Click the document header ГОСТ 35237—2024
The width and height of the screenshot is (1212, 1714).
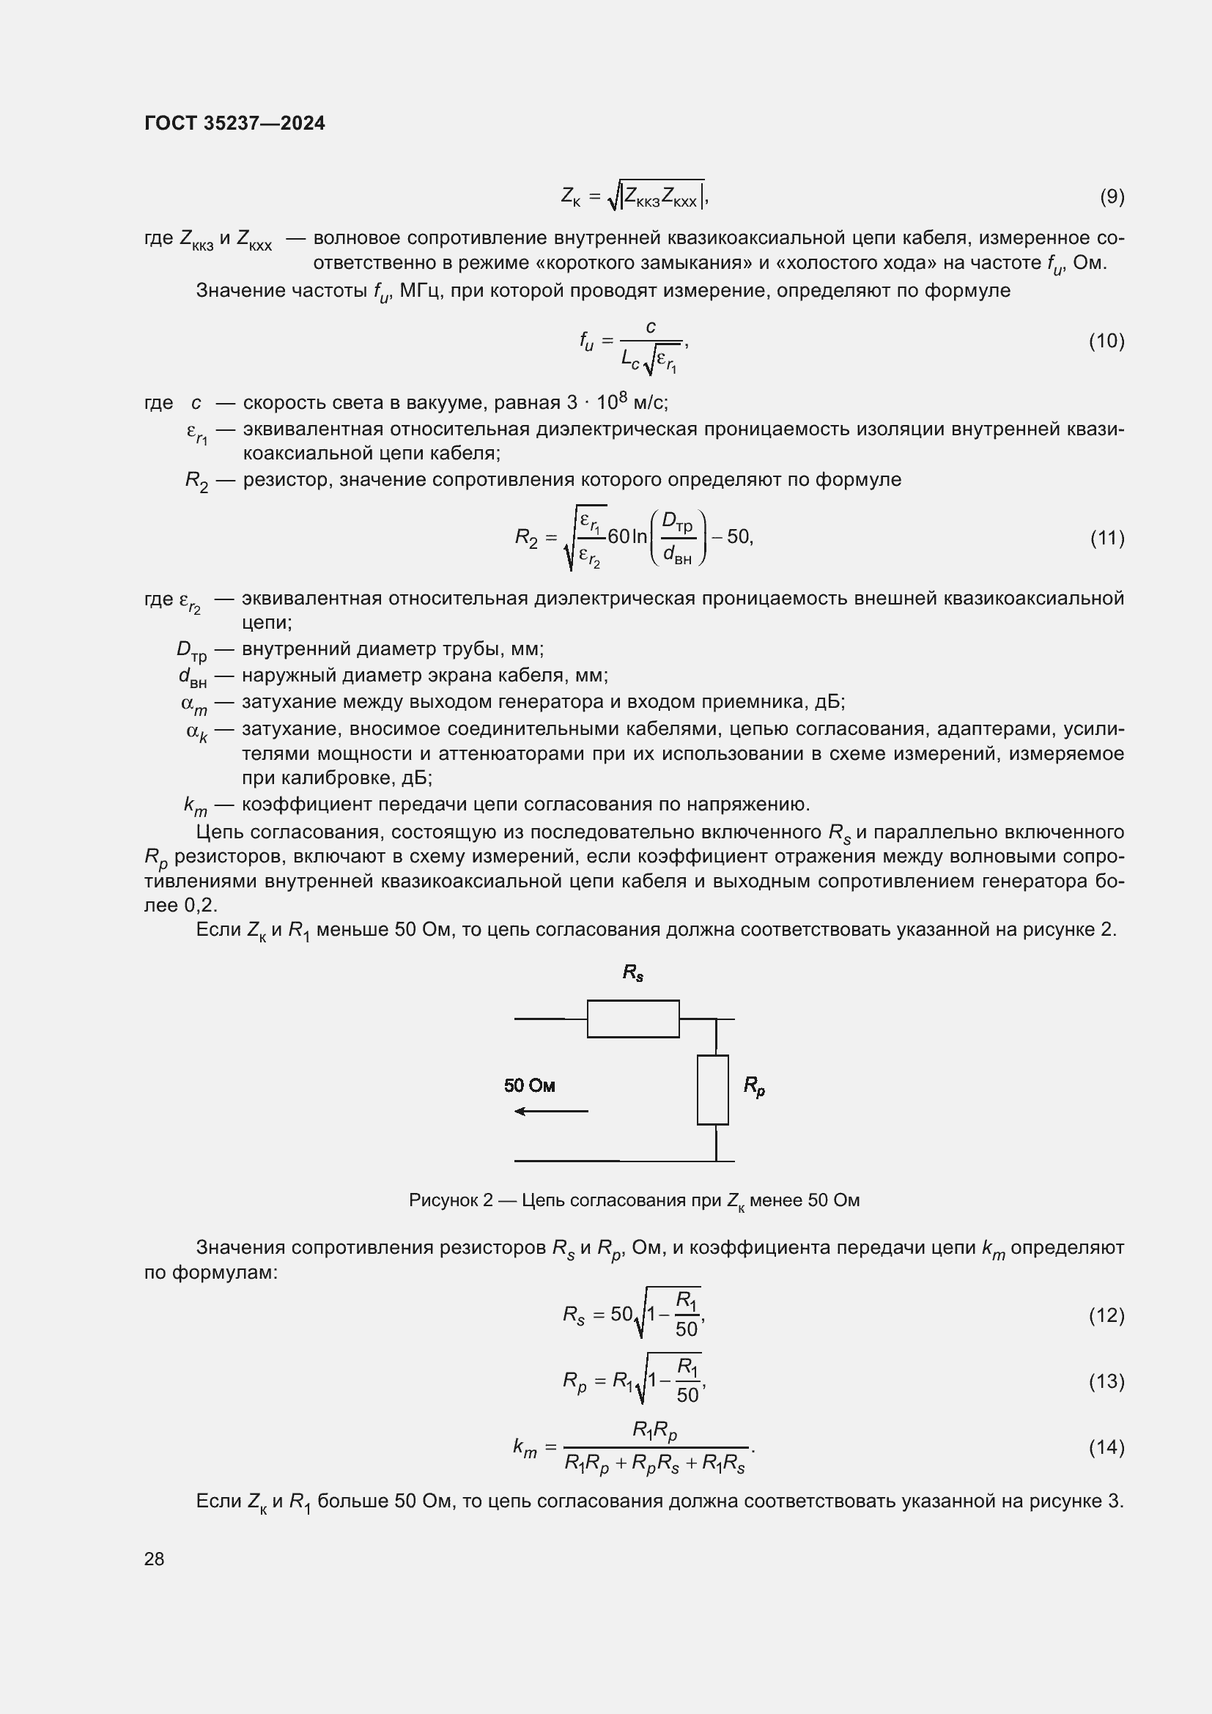pyautogui.click(x=234, y=123)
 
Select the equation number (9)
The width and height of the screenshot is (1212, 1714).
pyautogui.click(x=1112, y=196)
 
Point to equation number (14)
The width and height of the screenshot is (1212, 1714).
pyautogui.click(x=1106, y=1447)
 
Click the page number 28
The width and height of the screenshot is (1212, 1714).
pyautogui.click(x=155, y=1559)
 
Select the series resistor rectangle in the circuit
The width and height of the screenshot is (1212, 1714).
pyautogui.click(x=633, y=1019)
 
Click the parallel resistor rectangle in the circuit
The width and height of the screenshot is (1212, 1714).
pyautogui.click(x=713, y=1089)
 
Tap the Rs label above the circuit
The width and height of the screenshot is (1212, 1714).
pyautogui.click(x=633, y=972)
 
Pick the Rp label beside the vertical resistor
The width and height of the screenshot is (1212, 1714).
pyautogui.click(x=754, y=1086)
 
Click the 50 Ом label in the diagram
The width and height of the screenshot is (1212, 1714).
pyautogui.click(x=529, y=1085)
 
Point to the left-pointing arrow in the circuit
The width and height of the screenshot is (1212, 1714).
pyautogui.click(x=551, y=1112)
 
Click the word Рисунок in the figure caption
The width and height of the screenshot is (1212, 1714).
pyautogui.click(x=443, y=1200)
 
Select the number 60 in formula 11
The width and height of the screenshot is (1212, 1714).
pyautogui.click(x=618, y=536)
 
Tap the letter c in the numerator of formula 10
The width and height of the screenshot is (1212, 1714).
pyautogui.click(x=651, y=327)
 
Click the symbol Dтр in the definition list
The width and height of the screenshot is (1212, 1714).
pyautogui.click(x=192, y=650)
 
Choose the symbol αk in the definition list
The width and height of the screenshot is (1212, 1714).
pyautogui.click(x=197, y=731)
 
